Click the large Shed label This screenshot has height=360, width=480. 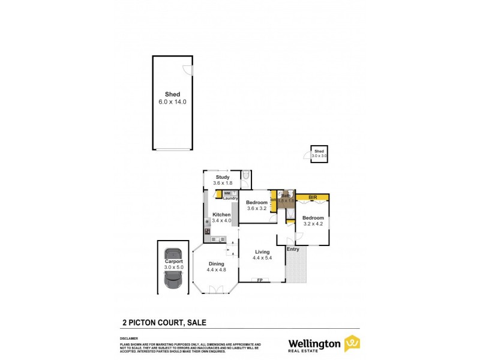click(x=173, y=95)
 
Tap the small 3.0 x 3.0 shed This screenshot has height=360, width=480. click(x=319, y=154)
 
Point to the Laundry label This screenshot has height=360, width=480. click(x=231, y=198)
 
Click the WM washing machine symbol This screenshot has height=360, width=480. click(x=227, y=193)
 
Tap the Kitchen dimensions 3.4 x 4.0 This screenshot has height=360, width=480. click(x=221, y=221)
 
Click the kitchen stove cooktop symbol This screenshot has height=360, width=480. click(x=208, y=231)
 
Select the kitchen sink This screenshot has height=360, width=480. click(x=215, y=239)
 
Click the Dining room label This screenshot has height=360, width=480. click(x=216, y=264)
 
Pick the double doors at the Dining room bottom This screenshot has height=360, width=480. click(x=216, y=290)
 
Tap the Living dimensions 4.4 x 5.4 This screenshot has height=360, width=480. click(x=262, y=258)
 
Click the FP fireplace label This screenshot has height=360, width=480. click(x=260, y=280)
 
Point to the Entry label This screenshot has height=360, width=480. click(x=293, y=249)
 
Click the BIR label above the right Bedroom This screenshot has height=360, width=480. click(x=312, y=197)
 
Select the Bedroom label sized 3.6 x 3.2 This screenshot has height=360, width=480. click(x=256, y=203)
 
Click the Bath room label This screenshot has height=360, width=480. click(x=286, y=196)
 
